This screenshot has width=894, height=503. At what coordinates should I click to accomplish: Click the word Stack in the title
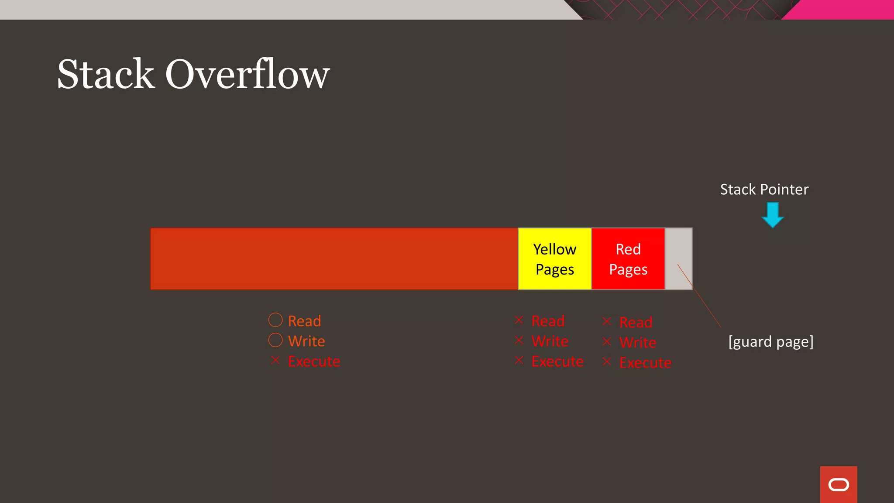click(106, 74)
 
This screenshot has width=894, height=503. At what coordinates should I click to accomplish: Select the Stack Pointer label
click(764, 189)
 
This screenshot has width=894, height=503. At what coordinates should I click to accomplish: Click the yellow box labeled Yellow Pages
click(554, 259)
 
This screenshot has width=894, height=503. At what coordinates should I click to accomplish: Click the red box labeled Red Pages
click(628, 259)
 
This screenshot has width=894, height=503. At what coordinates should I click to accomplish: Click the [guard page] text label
click(771, 341)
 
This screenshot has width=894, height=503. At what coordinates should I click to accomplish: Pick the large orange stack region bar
click(334, 259)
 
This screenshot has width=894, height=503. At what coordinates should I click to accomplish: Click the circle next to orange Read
click(275, 320)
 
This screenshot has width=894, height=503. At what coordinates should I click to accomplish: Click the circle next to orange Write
click(275, 340)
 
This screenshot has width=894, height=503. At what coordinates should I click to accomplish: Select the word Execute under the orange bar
click(314, 362)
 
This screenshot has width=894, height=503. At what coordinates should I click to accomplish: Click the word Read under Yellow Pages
click(548, 321)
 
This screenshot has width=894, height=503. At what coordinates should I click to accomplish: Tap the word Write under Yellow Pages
click(550, 341)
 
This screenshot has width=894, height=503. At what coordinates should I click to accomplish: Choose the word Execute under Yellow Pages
click(557, 362)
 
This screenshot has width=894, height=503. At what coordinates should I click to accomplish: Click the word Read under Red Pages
click(636, 323)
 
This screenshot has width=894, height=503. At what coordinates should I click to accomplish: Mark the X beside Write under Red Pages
click(607, 341)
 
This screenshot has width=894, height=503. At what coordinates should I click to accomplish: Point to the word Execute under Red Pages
click(645, 363)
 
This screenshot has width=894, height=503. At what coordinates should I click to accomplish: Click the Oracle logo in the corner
click(838, 485)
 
